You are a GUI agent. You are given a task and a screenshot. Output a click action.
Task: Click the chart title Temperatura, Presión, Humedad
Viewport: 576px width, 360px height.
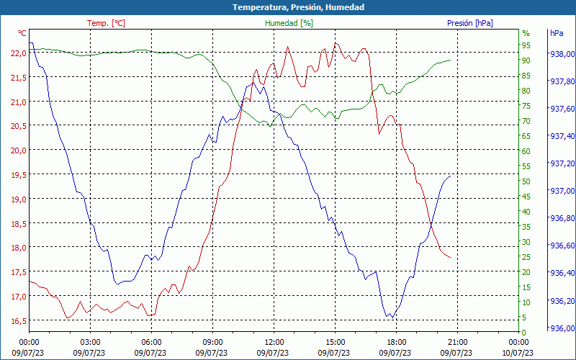[x=288, y=7]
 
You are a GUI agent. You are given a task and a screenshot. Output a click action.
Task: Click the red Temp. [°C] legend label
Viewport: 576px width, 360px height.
[x=106, y=23]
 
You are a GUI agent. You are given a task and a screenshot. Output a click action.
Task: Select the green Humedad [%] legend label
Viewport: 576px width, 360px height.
[x=289, y=23]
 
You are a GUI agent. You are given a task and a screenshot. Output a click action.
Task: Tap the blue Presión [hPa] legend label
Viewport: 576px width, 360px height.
[x=469, y=23]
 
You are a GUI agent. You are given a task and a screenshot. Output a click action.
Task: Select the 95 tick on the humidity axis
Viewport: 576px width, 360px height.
[x=526, y=45]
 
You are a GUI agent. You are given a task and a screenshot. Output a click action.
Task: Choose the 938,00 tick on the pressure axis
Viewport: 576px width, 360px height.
[x=562, y=54]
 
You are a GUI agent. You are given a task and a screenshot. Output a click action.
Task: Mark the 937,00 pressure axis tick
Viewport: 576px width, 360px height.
[x=562, y=191]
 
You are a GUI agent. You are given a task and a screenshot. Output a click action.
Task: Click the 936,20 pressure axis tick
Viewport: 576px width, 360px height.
[x=562, y=301]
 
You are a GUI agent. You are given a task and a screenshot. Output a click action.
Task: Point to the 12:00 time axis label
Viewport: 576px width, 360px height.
[x=274, y=342]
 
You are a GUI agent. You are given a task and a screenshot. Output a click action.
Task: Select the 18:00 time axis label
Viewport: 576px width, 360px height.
[x=397, y=342]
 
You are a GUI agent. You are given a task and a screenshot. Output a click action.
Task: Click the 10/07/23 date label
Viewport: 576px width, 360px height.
[x=519, y=352]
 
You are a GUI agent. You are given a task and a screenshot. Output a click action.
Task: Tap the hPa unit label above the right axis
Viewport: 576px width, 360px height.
[x=557, y=33]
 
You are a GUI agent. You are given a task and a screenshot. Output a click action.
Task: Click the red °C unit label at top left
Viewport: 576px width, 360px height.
[x=22, y=33]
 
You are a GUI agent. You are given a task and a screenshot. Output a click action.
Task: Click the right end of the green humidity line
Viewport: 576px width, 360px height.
[x=451, y=60]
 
